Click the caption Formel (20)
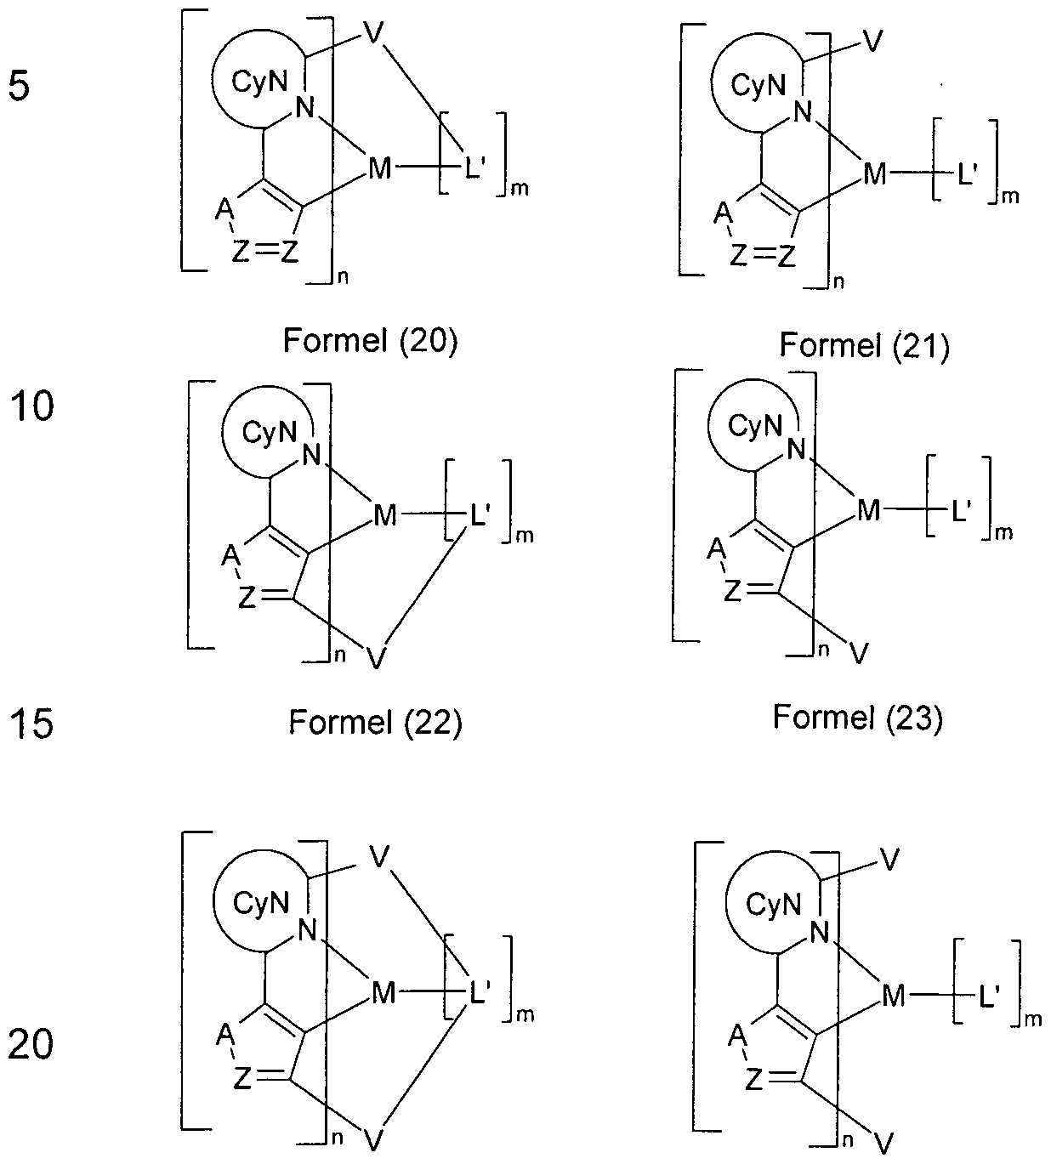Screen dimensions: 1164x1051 click(370, 341)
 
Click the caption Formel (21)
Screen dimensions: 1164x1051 click(863, 346)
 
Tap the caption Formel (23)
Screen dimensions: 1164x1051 click(857, 718)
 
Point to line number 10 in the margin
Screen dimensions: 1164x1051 click(31, 407)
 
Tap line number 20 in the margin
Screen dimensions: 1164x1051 click(31, 1044)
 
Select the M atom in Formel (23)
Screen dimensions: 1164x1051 click(868, 510)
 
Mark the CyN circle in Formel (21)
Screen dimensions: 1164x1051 click(754, 84)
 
